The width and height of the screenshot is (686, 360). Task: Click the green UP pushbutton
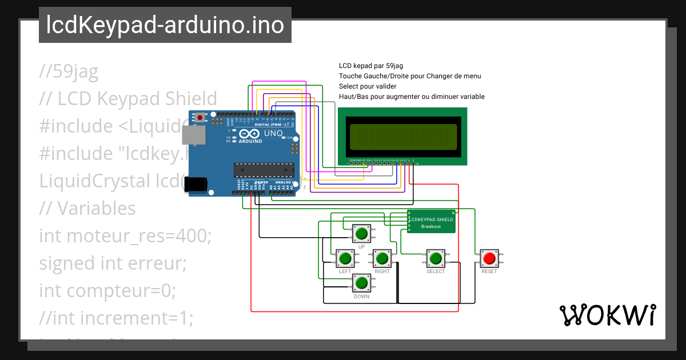point(361,233)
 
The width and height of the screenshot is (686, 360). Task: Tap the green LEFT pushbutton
point(345,258)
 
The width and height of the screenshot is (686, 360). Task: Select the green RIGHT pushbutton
point(382,258)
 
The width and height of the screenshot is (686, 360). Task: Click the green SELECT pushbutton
point(436,258)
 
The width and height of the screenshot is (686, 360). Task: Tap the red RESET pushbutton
point(489,258)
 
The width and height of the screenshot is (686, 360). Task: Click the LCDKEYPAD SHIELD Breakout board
point(432,222)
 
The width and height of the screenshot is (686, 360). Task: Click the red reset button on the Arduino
point(200,118)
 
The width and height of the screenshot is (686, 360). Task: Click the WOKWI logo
point(607,315)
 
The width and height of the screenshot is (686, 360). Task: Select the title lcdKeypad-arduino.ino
point(165,25)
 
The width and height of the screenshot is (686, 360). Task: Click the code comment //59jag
point(69,71)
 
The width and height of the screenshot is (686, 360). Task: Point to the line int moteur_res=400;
point(125,235)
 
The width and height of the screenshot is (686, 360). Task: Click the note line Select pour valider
point(372,86)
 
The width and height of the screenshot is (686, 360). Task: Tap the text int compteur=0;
point(107,290)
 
